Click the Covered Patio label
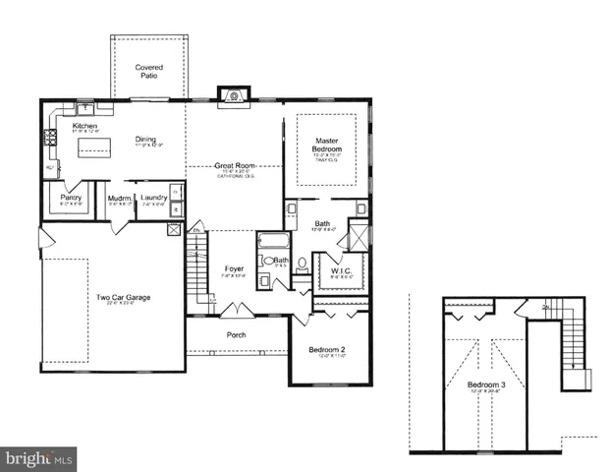point(149,72)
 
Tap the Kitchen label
point(86,127)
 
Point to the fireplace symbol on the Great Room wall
point(233,95)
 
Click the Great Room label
point(237,165)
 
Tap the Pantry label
point(71,198)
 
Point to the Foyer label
point(234,267)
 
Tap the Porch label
point(237,335)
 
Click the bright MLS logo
point(39,458)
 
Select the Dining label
point(146,140)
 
